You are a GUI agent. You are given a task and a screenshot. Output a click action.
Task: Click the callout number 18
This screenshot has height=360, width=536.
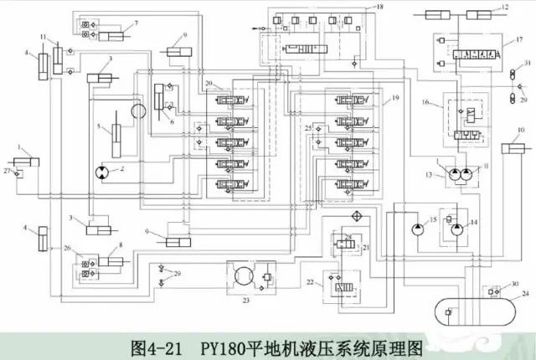(x=381, y=7)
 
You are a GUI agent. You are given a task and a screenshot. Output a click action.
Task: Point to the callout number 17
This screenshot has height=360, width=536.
(x=519, y=39)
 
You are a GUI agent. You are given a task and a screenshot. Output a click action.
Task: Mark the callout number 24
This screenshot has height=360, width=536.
(x=525, y=295)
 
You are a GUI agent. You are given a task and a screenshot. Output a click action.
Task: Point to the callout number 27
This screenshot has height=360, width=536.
(x=7, y=172)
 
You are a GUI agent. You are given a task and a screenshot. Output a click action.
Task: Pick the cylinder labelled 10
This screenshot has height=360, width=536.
(x=513, y=150)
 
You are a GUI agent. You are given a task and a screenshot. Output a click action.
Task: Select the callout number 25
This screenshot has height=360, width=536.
(x=308, y=127)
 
